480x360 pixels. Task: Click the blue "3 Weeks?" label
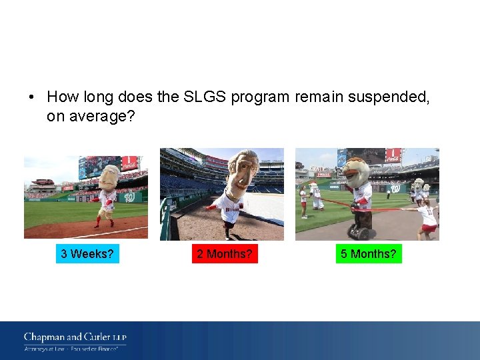click(x=87, y=254)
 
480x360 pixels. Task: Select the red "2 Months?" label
click(x=225, y=254)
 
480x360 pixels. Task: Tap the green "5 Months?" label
click(x=369, y=254)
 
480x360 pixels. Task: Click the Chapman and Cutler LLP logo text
click(x=75, y=337)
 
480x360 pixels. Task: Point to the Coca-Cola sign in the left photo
click(x=129, y=163)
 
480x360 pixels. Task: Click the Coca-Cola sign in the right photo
click(x=393, y=155)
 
